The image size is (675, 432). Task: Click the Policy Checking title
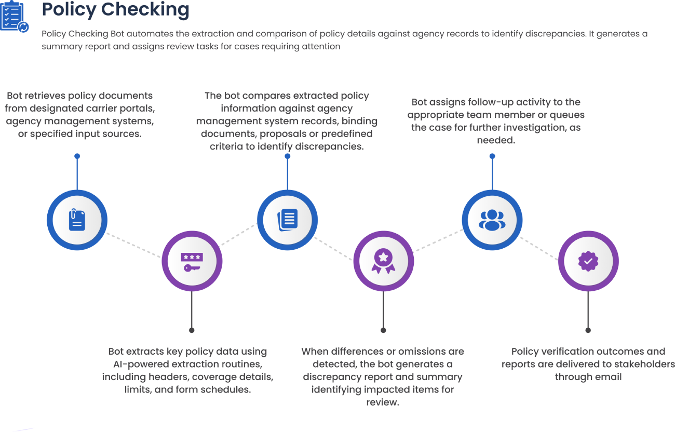115,9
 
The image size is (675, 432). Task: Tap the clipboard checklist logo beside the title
14,17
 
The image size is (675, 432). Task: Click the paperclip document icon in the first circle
77,220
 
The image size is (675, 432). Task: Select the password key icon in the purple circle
192,261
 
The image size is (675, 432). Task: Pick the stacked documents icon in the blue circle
287,220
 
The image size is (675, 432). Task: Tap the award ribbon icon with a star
383,261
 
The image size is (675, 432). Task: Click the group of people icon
492,220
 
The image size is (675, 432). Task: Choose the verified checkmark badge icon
588,261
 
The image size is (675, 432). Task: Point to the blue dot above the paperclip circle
77,156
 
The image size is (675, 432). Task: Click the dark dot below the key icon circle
192,330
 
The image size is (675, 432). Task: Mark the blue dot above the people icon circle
492,156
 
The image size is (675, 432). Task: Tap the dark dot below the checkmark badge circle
588,330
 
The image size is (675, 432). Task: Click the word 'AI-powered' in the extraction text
138,364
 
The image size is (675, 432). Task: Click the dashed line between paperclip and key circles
134,245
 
